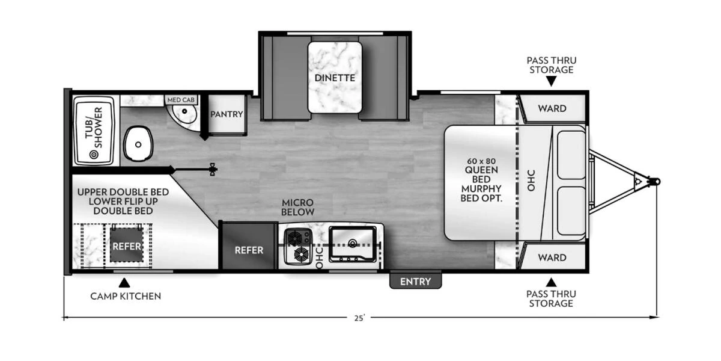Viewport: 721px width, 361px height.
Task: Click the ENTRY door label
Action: pos(415,282)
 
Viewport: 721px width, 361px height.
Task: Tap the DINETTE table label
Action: pos(335,78)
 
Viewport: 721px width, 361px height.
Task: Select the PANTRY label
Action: pos(227,114)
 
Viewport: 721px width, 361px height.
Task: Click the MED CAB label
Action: pos(181,100)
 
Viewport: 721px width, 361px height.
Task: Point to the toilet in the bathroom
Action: pos(138,143)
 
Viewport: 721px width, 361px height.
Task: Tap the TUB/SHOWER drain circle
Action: pos(94,155)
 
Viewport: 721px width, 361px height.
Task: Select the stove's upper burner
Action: pos(294,238)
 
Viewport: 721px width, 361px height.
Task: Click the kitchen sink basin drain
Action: pos(353,243)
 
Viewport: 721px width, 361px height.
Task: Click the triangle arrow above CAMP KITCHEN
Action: pos(124,283)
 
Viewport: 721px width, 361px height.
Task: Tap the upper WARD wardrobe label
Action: pos(552,108)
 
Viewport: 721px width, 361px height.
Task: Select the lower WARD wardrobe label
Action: pos(552,258)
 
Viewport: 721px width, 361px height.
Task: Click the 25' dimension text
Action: pos(359,318)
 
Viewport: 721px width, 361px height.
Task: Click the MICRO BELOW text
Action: pos(298,207)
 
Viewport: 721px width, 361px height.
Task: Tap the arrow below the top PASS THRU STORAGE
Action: pos(552,81)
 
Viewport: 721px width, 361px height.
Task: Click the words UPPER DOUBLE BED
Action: pos(123,192)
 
